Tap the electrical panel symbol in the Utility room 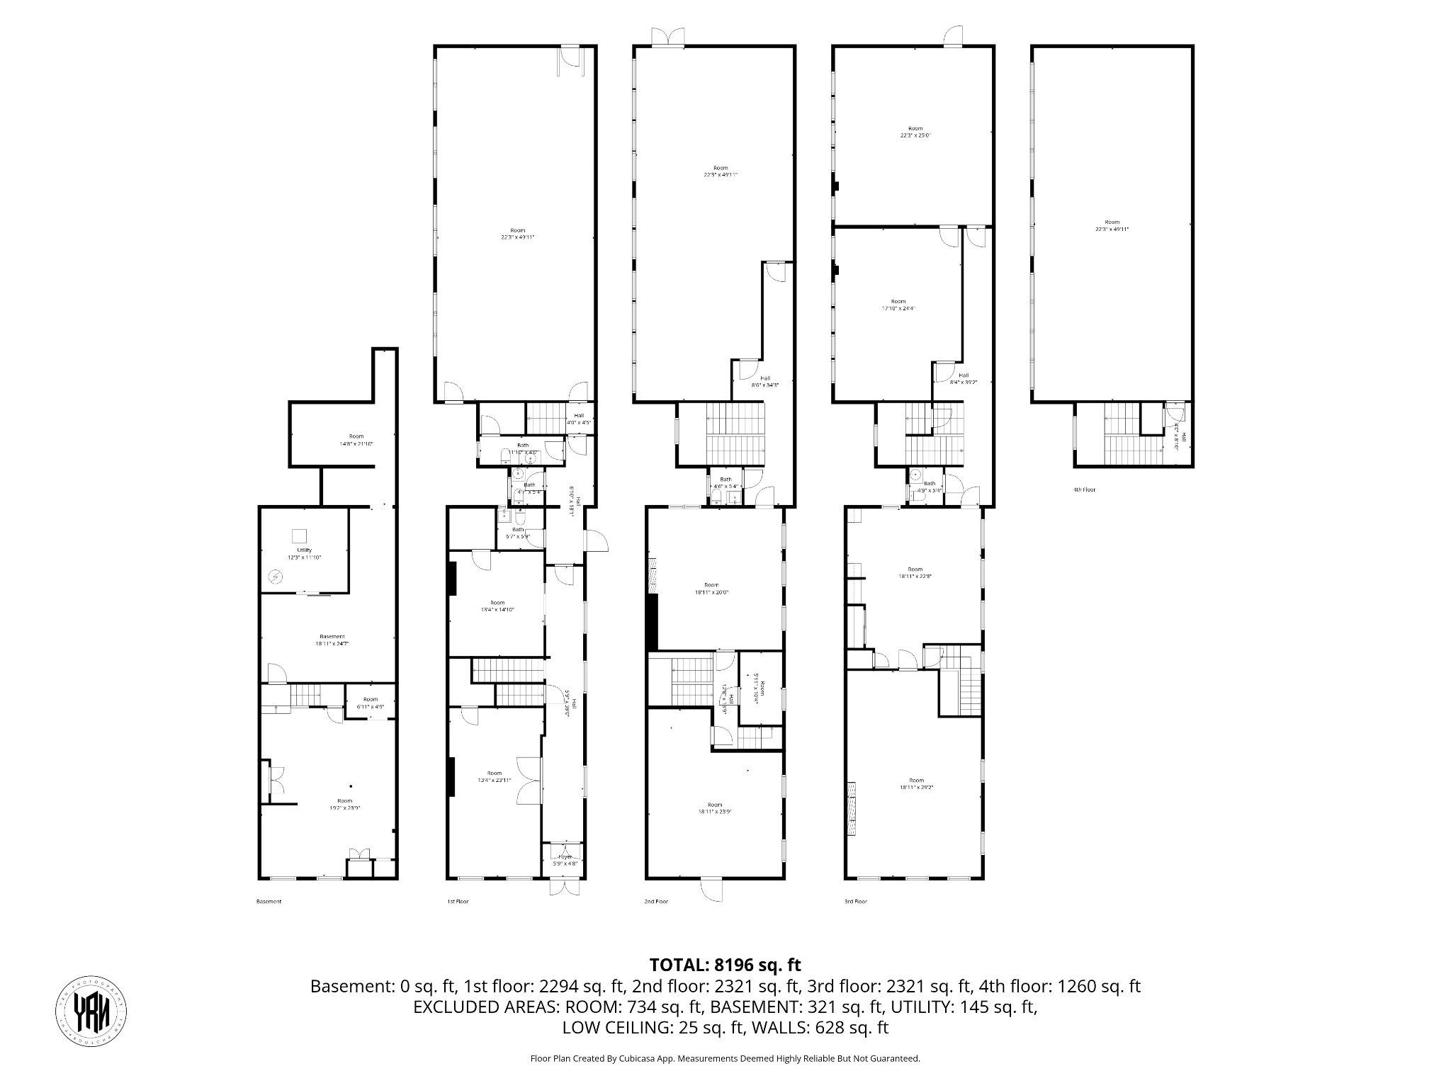coord(275,578)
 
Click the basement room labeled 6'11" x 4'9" coord(371,703)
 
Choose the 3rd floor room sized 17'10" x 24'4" coord(898,305)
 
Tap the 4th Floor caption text coord(1084,489)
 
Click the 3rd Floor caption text coord(855,902)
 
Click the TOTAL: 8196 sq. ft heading coord(725,964)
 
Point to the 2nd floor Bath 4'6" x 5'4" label coord(725,483)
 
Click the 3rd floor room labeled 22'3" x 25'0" coord(915,132)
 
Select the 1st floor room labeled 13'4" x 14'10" coord(497,606)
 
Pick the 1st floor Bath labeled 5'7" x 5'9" coord(518,532)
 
